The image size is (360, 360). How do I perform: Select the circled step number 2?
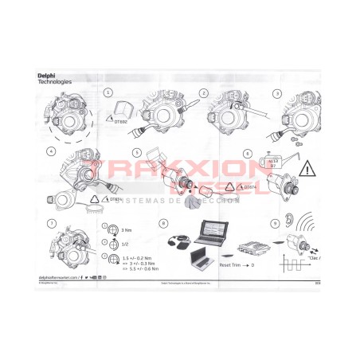205,92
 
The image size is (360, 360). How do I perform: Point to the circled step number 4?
52,151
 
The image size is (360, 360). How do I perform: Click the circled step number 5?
137,151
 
